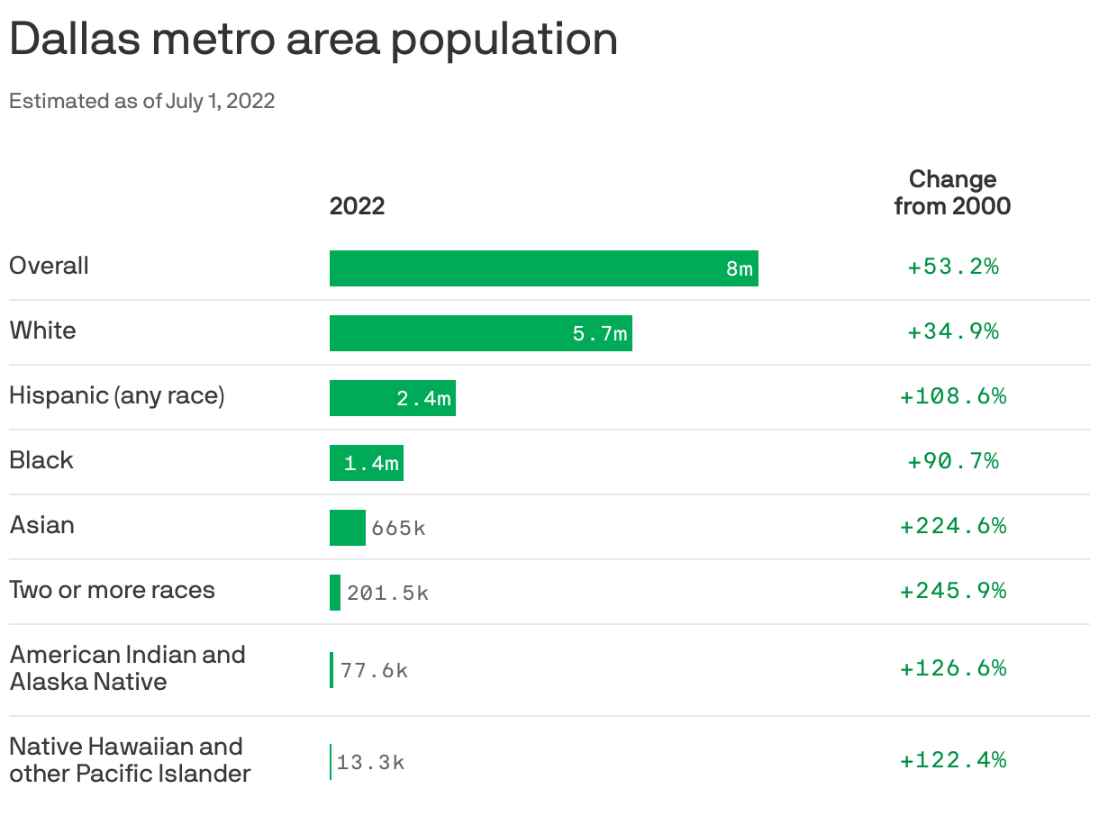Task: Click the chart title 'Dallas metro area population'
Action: [313, 40]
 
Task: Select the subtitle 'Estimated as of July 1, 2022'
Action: [141, 101]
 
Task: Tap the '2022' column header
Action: [357, 206]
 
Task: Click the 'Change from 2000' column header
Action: [952, 192]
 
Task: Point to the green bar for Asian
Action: [347, 528]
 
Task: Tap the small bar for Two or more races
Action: [335, 593]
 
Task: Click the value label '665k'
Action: [397, 529]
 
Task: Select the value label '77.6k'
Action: [374, 671]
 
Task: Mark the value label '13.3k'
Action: [370, 763]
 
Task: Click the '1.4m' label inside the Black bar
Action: [371, 464]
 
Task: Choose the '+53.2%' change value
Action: [952, 267]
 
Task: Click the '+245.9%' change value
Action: [952, 591]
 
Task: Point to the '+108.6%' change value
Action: [952, 396]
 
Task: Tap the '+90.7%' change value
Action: [952, 461]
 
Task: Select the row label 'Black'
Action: [41, 460]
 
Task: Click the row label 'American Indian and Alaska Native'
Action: [127, 667]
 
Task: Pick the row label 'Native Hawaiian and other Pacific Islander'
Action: [130, 759]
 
